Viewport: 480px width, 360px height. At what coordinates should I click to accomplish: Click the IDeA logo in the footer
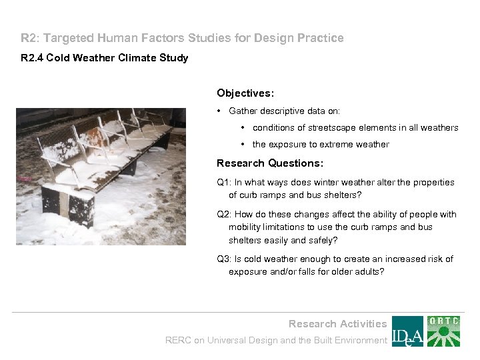[x=407, y=331]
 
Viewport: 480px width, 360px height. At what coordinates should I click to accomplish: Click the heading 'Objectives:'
[x=245, y=93]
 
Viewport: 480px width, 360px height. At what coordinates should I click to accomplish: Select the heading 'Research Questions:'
[x=270, y=163]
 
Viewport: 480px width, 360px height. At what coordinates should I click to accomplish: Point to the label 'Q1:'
[x=225, y=183]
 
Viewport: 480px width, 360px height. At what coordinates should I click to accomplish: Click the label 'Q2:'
[x=225, y=215]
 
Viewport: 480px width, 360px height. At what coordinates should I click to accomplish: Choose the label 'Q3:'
[x=225, y=259]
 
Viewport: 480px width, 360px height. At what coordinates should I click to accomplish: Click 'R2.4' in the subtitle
[x=31, y=58]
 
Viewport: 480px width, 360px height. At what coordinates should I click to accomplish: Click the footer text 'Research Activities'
[x=337, y=324]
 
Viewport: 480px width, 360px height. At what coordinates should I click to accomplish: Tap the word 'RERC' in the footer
[x=178, y=341]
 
